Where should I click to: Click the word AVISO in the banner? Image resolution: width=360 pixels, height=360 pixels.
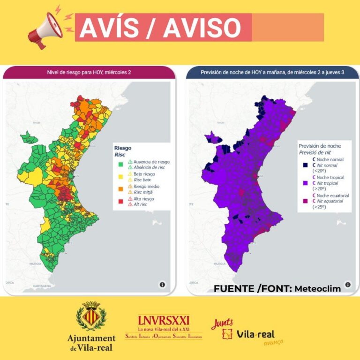(202, 28)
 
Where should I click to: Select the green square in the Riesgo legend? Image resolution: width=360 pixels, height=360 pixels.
(120, 165)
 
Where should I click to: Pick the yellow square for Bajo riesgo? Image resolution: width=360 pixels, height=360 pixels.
(120, 177)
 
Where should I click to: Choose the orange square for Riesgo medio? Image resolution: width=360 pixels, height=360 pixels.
(120, 189)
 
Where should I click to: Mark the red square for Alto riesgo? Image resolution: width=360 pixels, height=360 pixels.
(120, 202)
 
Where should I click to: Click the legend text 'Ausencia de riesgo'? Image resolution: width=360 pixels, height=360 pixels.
(152, 162)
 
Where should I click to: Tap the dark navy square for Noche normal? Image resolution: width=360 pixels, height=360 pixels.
(304, 165)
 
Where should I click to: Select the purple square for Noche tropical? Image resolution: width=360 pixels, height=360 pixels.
(304, 183)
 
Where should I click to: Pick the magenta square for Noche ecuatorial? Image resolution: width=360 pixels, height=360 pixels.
(304, 201)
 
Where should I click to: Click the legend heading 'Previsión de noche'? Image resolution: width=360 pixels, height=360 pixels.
(320, 146)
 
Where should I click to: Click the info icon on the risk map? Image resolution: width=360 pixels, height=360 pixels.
(162, 285)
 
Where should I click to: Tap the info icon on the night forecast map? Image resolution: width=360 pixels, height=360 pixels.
(347, 285)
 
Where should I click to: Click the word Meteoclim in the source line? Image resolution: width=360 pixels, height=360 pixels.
(317, 289)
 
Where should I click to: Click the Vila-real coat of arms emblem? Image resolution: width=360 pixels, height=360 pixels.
(91, 316)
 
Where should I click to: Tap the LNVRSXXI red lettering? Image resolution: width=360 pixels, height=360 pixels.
(164, 320)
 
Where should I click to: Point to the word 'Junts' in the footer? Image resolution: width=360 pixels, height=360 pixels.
(222, 324)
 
